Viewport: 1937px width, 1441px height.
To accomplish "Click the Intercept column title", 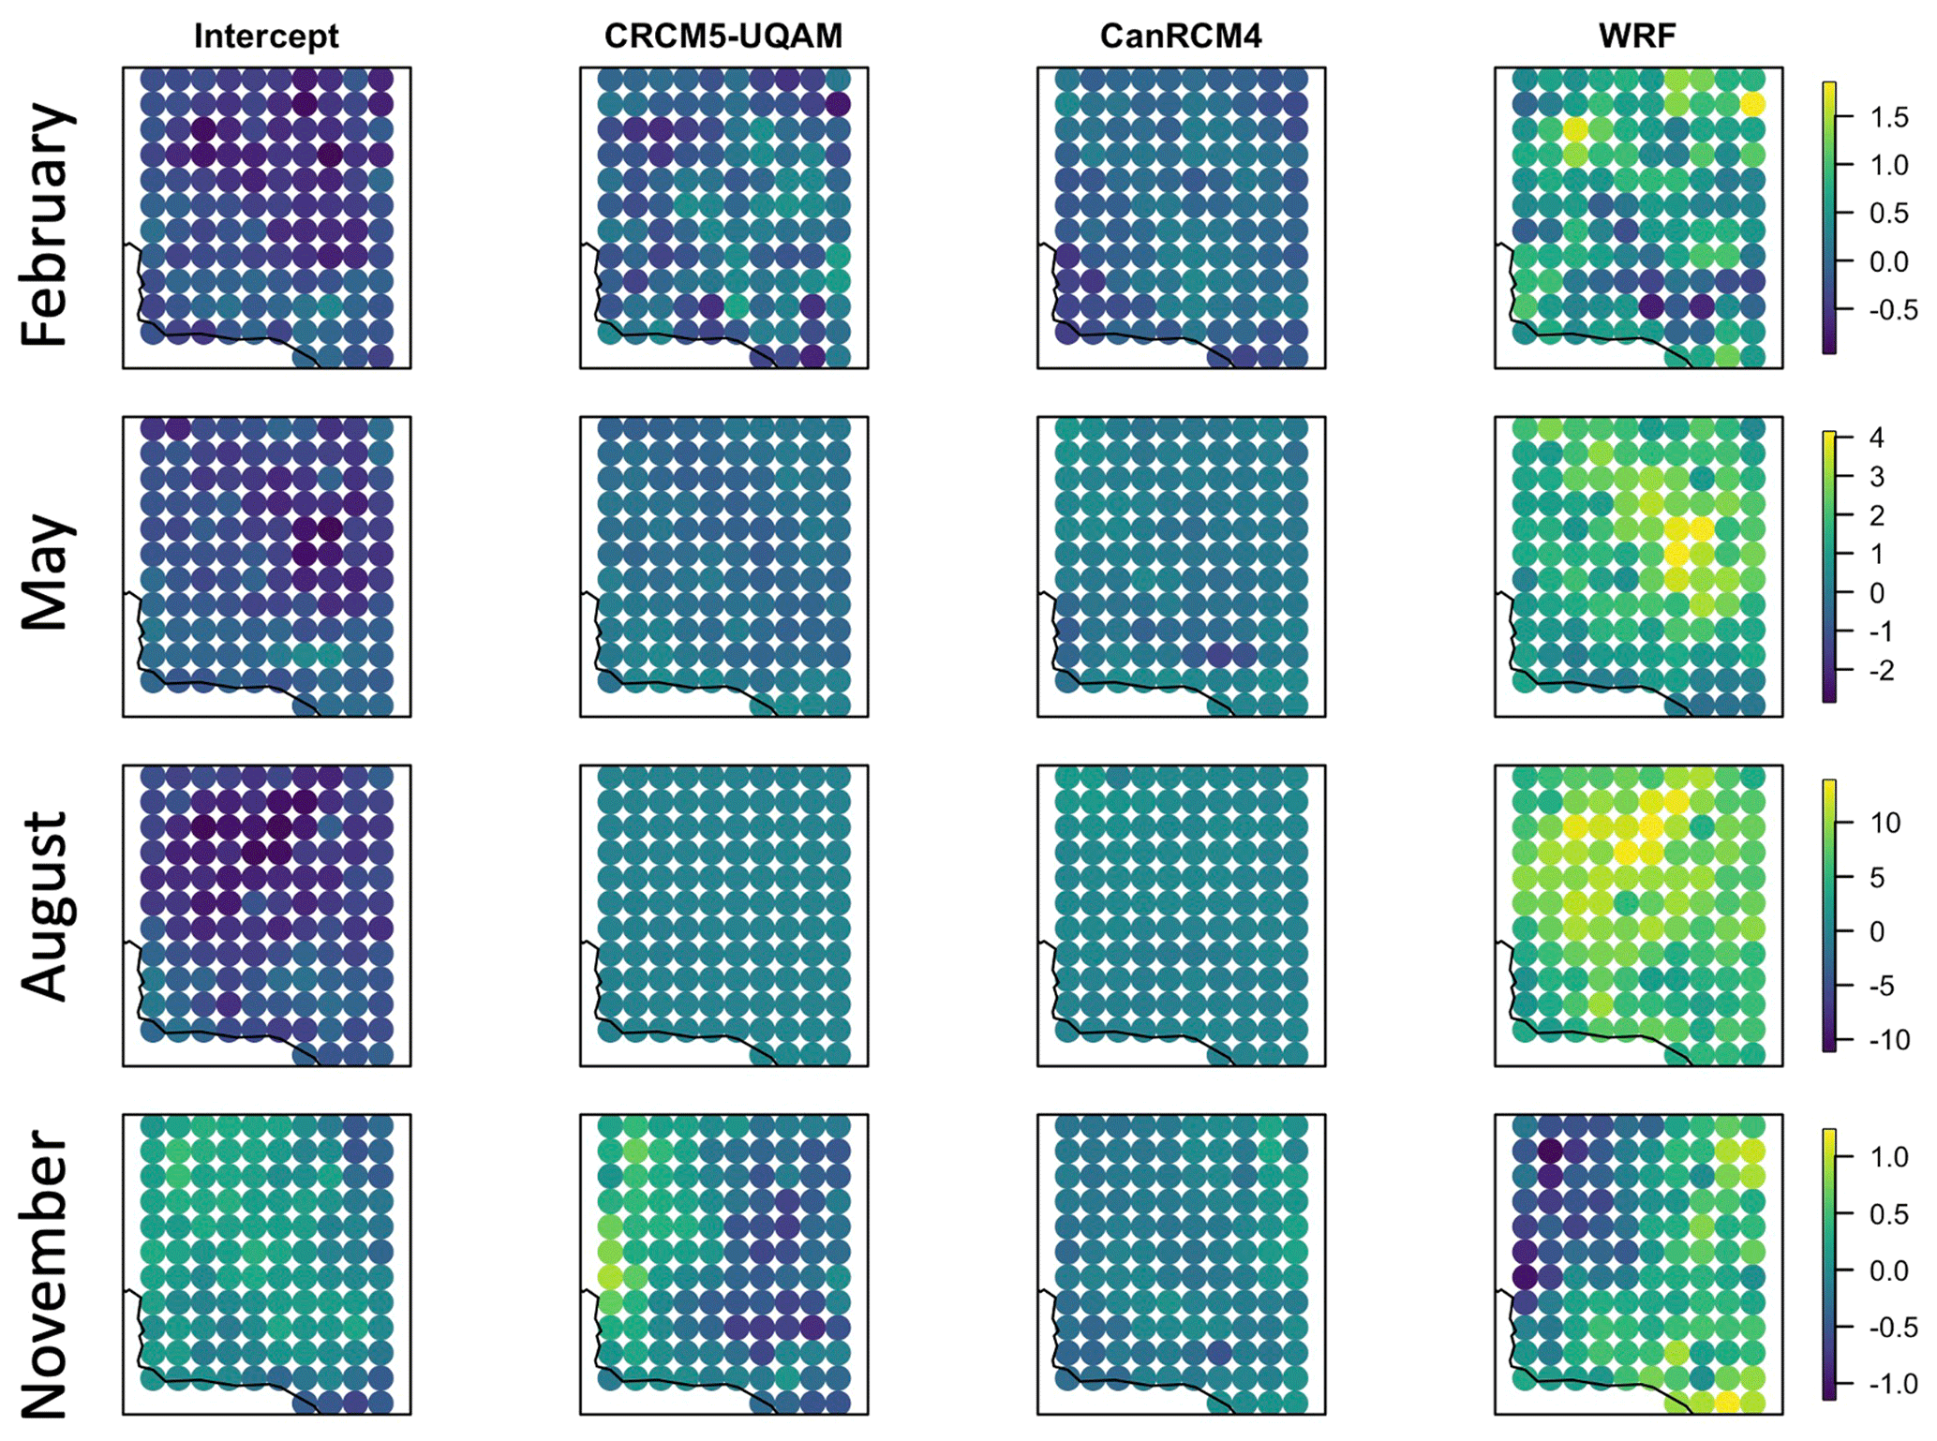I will point(266,36).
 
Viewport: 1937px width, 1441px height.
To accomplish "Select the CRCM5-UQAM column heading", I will point(723,36).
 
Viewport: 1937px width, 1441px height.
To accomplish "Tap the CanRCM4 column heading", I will point(1181,36).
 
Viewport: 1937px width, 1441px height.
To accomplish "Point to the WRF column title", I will point(1637,36).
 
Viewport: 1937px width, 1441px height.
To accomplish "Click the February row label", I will point(47,225).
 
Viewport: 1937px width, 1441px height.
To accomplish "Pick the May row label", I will point(47,572).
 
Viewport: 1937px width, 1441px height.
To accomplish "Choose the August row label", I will point(47,906).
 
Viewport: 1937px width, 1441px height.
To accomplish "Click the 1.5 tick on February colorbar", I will point(1888,117).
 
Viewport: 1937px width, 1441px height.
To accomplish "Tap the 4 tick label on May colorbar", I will point(1876,438).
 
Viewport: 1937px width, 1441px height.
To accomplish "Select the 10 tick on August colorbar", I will point(1885,824).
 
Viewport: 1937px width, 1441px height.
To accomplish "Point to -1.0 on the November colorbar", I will point(1888,1384).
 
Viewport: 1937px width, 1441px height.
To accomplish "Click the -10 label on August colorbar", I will point(1888,1040).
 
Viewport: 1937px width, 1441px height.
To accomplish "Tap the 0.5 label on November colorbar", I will point(1888,1214).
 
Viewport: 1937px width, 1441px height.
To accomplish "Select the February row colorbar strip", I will point(1828,217).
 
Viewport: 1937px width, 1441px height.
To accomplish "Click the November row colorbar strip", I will point(1828,1264).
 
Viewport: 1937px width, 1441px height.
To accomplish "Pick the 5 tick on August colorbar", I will point(1876,878).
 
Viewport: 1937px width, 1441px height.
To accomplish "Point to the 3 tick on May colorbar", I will point(1876,477).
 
